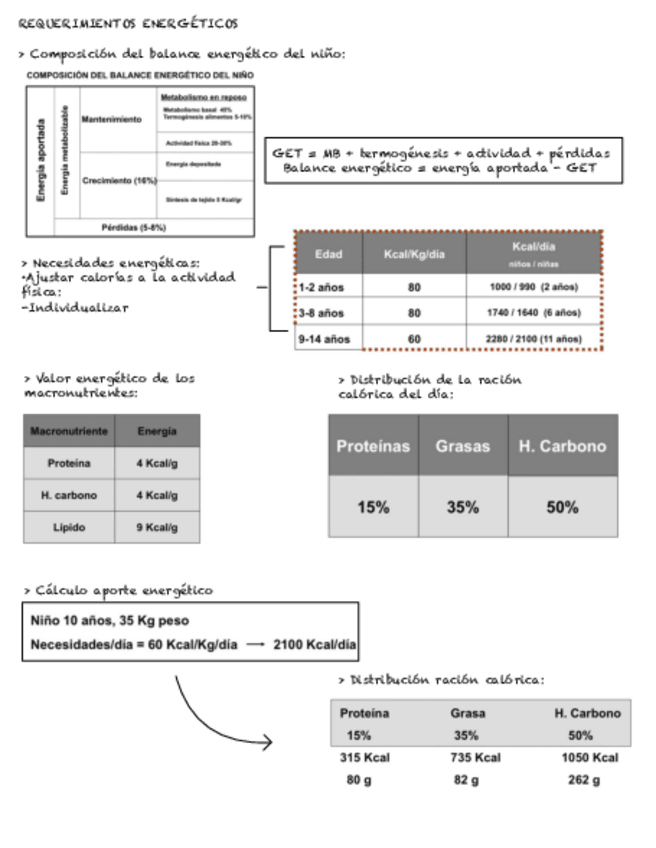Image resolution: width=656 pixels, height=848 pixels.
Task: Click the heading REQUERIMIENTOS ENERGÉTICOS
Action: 128,22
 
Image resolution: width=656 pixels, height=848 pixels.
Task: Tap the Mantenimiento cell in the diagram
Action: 111,119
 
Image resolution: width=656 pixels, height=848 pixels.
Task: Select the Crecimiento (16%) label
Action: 119,181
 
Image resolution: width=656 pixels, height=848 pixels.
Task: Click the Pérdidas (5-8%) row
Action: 140,227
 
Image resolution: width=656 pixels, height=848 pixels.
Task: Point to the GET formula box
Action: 440,160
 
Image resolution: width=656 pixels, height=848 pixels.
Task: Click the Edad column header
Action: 328,254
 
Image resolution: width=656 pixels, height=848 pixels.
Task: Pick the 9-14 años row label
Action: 325,339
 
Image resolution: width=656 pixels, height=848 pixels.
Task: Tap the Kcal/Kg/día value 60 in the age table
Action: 414,339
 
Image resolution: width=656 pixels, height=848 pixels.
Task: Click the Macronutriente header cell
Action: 69,431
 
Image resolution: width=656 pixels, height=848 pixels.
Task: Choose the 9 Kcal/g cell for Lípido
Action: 157,526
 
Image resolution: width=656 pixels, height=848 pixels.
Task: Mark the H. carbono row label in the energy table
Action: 69,495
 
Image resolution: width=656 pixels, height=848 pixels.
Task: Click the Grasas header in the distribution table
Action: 462,447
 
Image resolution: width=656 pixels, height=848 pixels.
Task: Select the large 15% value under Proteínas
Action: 373,507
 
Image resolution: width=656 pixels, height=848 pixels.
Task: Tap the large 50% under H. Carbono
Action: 562,507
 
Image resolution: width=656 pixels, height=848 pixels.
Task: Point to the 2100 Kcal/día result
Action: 314,645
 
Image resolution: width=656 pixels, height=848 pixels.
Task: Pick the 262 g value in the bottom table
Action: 583,780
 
